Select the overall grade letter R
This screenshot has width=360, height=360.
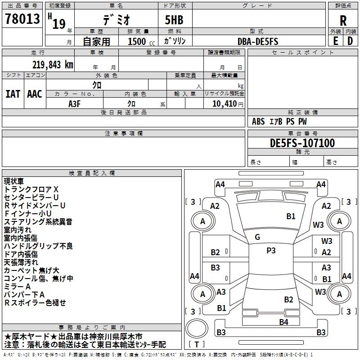coord(343,20)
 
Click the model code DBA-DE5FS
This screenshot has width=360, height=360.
coord(258,41)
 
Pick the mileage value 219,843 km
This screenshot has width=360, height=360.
coord(53,65)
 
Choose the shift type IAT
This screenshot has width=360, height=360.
coord(13,94)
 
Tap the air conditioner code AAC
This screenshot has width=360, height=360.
coord(35,94)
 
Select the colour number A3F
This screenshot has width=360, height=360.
coord(75,103)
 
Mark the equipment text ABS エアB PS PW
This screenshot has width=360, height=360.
coord(280,121)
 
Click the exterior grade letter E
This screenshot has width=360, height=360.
coord(335,41)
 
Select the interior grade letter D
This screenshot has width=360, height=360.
coord(350,41)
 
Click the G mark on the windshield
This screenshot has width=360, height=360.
coord(257,237)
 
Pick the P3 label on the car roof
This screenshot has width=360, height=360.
coord(271,251)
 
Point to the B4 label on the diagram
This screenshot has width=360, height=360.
coord(283,322)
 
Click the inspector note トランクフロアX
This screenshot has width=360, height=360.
coord(31,189)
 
